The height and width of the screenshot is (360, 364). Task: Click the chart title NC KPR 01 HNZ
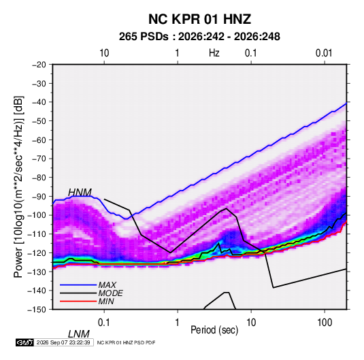tap(199, 19)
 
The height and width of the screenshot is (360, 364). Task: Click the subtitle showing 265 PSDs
tap(199, 37)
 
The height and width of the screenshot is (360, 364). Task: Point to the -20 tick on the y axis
tap(39, 65)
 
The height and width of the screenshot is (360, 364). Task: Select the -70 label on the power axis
tap(39, 159)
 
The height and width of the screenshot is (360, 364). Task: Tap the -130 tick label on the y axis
tap(37, 272)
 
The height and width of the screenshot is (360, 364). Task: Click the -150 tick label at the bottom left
tap(37, 310)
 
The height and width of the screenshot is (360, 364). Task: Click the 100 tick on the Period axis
tap(325, 323)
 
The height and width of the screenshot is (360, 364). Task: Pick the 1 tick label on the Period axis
tap(178, 323)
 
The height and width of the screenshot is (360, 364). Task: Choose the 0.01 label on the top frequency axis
tap(324, 53)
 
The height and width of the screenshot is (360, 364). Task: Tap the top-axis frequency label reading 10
tap(104, 53)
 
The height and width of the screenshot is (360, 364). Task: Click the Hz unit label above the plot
tap(214, 53)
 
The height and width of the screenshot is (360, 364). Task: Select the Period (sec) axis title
tap(214, 330)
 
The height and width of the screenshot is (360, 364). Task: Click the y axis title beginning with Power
tap(18, 186)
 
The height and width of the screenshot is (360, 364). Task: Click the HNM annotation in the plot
tap(80, 193)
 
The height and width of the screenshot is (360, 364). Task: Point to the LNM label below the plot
tap(79, 334)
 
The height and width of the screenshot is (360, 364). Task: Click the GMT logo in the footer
tap(24, 342)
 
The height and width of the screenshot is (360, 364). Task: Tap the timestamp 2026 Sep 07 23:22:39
tap(63, 342)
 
